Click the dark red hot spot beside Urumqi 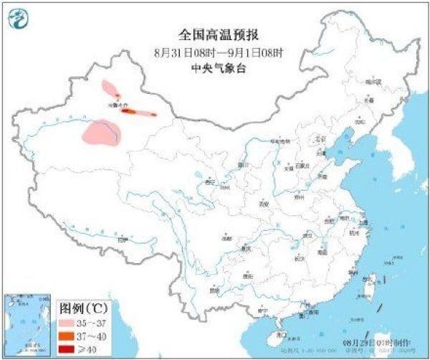(x=128, y=111)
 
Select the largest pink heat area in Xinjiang (x=102, y=134)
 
